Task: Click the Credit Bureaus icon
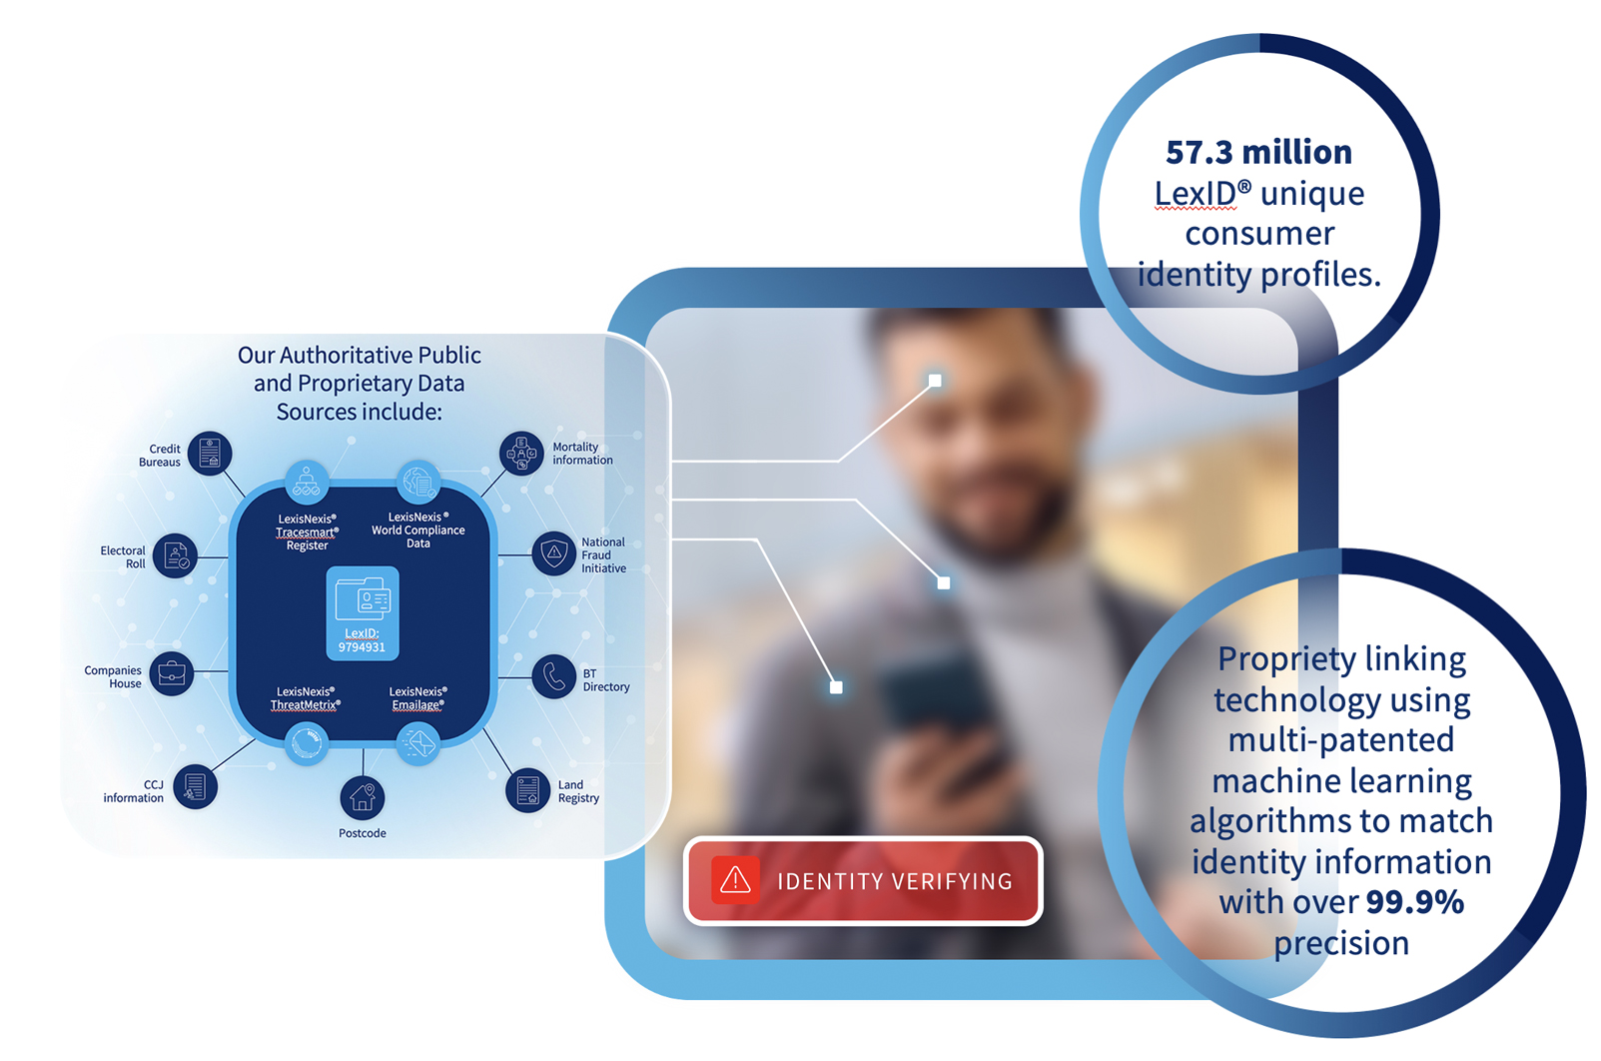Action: tap(210, 454)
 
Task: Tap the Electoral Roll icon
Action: tap(176, 556)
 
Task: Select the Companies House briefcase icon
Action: tap(172, 673)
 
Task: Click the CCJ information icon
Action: tap(195, 787)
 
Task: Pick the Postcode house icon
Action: tap(362, 797)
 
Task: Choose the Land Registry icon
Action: tap(527, 790)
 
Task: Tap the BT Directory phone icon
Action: tap(553, 677)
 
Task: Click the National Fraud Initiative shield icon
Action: tap(553, 552)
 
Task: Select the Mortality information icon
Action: tap(521, 454)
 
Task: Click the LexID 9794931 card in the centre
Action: tap(363, 612)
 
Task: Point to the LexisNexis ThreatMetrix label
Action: tap(306, 698)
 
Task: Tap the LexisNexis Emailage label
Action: tap(417, 698)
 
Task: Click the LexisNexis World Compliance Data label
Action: tap(418, 530)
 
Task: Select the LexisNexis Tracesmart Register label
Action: tap(307, 532)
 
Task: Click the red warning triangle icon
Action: tap(735, 880)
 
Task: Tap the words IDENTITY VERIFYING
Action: tap(895, 881)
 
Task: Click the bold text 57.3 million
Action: tap(1258, 152)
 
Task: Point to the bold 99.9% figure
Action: tap(1414, 902)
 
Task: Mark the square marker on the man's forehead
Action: tap(935, 381)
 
